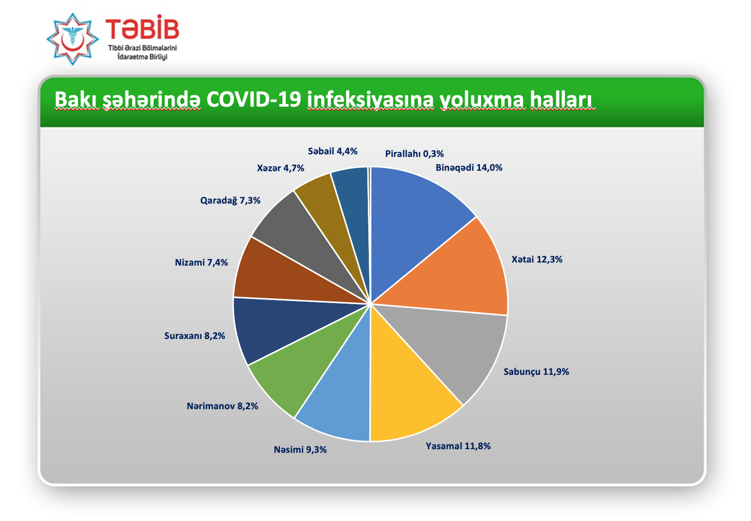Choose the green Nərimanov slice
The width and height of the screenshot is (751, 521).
(x=302, y=363)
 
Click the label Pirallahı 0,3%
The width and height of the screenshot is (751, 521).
(x=414, y=154)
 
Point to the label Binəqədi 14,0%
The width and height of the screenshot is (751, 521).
(x=469, y=168)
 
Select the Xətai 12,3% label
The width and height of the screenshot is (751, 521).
(x=537, y=259)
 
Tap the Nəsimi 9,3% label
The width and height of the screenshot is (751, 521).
(x=300, y=450)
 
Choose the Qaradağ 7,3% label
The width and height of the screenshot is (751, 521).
(x=231, y=201)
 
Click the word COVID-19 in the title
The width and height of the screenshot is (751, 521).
(x=254, y=99)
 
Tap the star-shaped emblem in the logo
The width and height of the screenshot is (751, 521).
(x=72, y=39)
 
